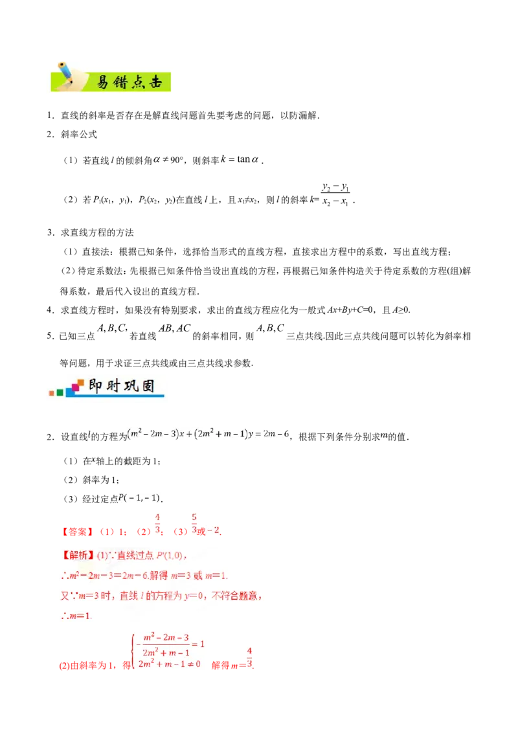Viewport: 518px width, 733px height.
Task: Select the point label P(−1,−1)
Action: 137,498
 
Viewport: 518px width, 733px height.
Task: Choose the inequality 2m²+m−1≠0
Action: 170,664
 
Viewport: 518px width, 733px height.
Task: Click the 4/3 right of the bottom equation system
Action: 250,657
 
